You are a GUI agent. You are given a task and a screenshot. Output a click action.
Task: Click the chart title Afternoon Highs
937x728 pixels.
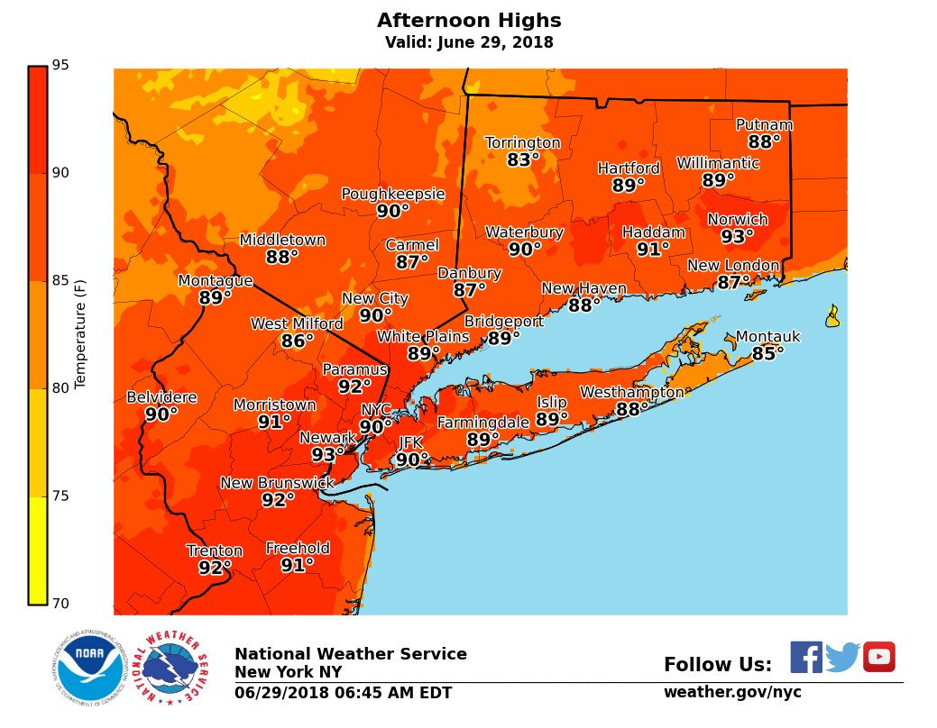coord(468,21)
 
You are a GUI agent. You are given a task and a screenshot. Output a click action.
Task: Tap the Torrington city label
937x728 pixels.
coord(522,143)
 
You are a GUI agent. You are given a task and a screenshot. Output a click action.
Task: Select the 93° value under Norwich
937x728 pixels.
coord(737,237)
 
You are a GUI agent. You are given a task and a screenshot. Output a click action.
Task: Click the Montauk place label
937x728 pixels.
coord(767,337)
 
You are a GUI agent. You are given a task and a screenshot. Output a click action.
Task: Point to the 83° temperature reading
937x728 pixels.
coord(522,160)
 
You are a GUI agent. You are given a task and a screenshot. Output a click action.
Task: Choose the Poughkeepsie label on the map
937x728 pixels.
coord(392,194)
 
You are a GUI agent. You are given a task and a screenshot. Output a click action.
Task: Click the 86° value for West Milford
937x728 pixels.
coord(297,341)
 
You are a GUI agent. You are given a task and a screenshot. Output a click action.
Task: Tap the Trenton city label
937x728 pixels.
coord(215,551)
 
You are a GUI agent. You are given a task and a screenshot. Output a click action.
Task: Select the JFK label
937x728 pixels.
coord(410,442)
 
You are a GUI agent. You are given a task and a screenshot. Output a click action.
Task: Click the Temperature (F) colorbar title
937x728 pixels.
coord(80,333)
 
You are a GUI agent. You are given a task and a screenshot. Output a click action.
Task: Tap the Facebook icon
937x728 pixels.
coord(806,657)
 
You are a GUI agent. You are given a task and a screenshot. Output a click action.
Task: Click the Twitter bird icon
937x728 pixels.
coord(842,657)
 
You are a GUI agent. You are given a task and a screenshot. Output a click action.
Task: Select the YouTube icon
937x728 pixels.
coord(878,657)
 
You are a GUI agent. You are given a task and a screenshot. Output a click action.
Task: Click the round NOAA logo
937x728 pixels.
coord(88,668)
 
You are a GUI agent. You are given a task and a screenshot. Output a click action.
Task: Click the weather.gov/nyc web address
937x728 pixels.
coord(732,692)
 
